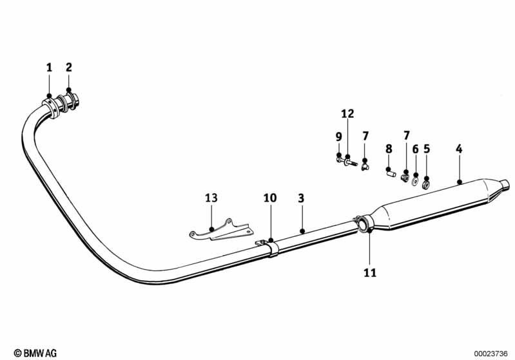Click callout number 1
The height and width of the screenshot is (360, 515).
point(49,67)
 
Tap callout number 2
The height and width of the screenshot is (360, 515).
point(69,67)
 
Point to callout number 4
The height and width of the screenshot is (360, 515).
point(459,149)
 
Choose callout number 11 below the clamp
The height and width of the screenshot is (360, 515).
point(369,272)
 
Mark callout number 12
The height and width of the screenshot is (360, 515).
point(347,114)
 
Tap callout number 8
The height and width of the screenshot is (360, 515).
point(389,149)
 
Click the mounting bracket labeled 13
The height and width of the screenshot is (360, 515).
point(219,231)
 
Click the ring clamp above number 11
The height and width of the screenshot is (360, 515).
point(364,223)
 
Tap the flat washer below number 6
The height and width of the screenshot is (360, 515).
point(416,176)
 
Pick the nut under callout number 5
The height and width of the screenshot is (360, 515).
point(427,178)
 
